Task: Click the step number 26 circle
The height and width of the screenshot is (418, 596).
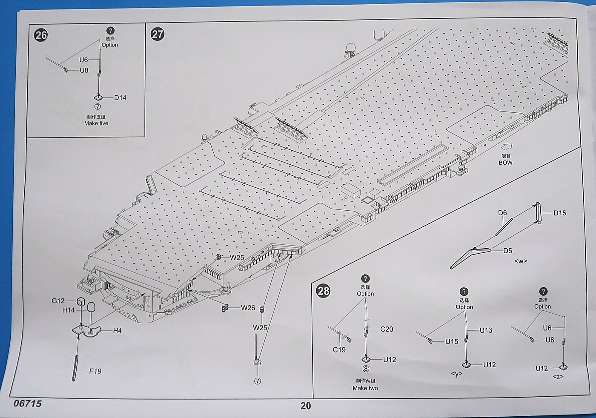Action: pyautogui.click(x=41, y=35)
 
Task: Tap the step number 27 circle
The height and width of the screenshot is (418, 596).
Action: pyautogui.click(x=158, y=34)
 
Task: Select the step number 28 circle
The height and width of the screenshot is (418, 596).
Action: pyautogui.click(x=324, y=291)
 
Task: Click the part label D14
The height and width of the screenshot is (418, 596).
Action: pyautogui.click(x=120, y=97)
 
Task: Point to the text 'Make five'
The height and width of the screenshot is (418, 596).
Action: pyautogui.click(x=96, y=123)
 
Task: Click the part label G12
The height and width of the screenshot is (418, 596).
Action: pyautogui.click(x=58, y=301)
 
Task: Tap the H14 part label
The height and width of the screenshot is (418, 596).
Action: pyautogui.click(x=68, y=310)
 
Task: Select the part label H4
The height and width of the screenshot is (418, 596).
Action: pyautogui.click(x=117, y=331)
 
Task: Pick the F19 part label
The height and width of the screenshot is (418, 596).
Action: pyautogui.click(x=95, y=371)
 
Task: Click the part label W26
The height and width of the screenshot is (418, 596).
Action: pyautogui.click(x=248, y=308)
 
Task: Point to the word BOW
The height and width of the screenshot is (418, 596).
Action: pyautogui.click(x=506, y=163)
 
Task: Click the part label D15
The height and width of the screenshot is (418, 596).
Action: pyautogui.click(x=560, y=213)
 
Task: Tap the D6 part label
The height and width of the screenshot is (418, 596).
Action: pyautogui.click(x=502, y=213)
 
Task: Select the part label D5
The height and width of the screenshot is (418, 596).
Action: pyautogui.click(x=507, y=251)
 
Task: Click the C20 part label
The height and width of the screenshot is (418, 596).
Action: pyautogui.click(x=387, y=329)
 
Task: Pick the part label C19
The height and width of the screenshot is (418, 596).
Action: pyautogui.click(x=339, y=350)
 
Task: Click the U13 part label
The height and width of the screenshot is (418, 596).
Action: pyautogui.click(x=486, y=330)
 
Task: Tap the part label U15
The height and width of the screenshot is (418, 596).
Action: pyautogui.click(x=452, y=341)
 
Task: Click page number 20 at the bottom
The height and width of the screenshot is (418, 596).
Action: pyautogui.click(x=306, y=406)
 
